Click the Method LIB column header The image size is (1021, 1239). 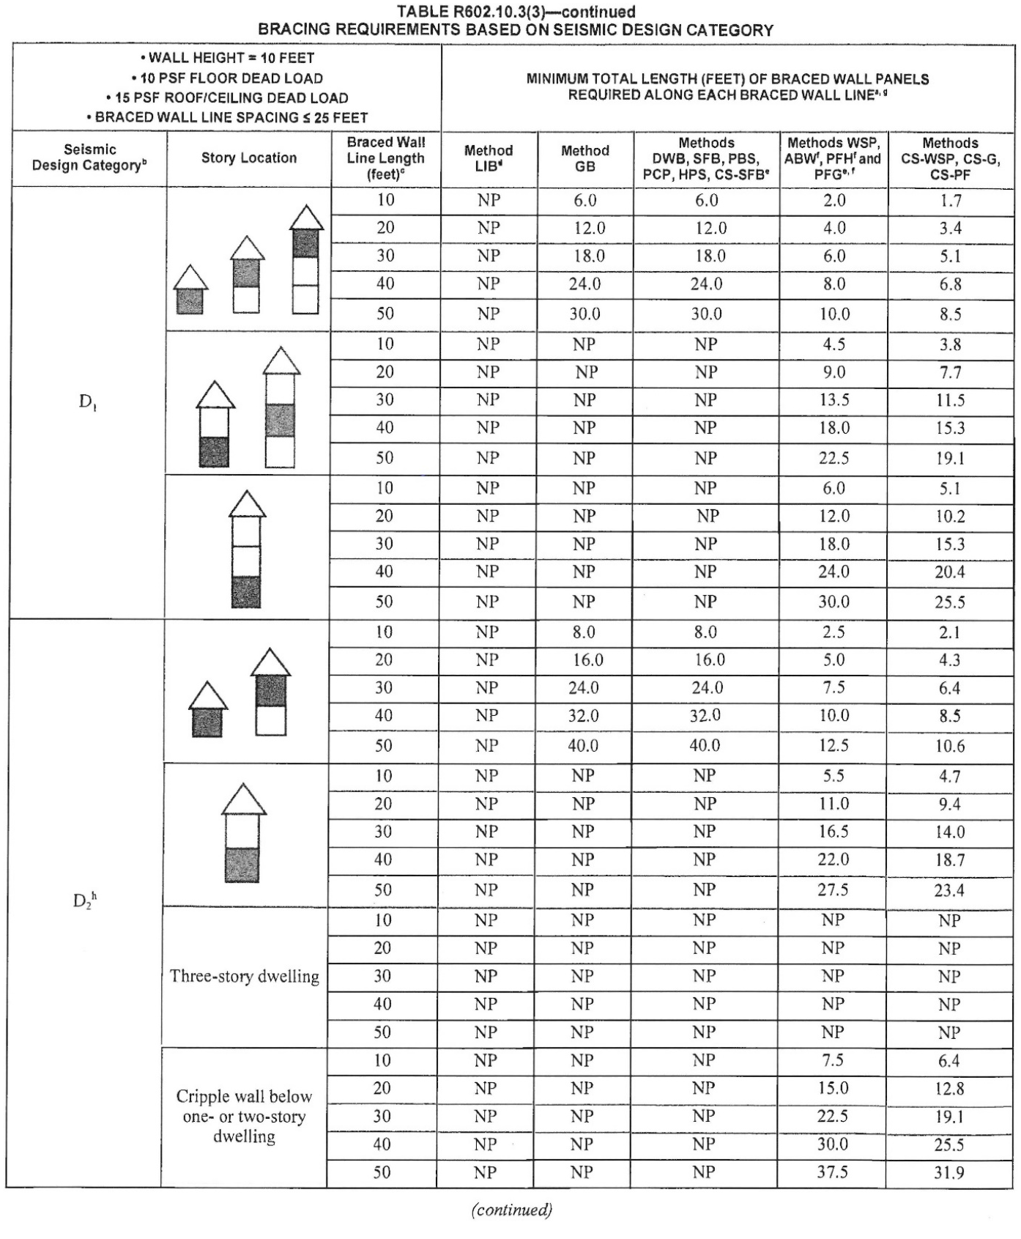pyautogui.click(x=489, y=158)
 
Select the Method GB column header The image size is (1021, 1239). pyautogui.click(x=584, y=158)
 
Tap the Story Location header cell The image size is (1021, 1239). pyautogui.click(x=249, y=158)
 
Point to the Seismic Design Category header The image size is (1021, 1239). pyautogui.click(x=89, y=158)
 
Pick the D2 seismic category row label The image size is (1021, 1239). pyautogui.click(x=85, y=900)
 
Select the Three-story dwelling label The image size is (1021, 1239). pyautogui.click(x=245, y=976)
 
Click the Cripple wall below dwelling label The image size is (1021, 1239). pyautogui.click(x=244, y=1116)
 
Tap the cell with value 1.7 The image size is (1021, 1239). pyautogui.click(x=950, y=201)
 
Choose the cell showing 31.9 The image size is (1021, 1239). pyautogui.click(x=948, y=1172)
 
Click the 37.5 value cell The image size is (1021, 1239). pyautogui.click(x=832, y=1172)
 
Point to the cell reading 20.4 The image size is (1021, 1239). pyautogui.click(x=949, y=572)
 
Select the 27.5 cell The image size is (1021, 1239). pyautogui.click(x=833, y=890)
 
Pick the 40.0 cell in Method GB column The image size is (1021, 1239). pyautogui.click(x=583, y=746)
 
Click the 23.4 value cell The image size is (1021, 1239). pyautogui.click(x=949, y=891)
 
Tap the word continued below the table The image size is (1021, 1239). pyautogui.click(x=511, y=1210)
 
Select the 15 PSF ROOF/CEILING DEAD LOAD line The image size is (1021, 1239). pyautogui.click(x=227, y=97)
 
